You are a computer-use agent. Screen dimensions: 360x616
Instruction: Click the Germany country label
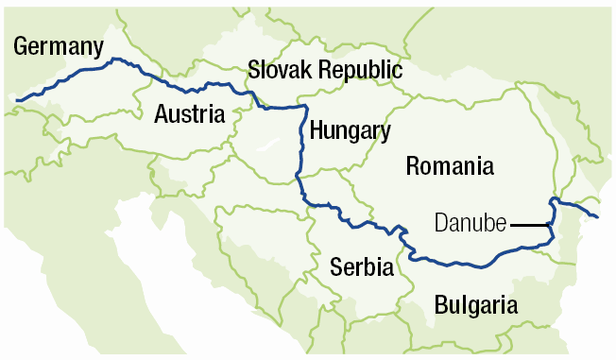pos(57,47)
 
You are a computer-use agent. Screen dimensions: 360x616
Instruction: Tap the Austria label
pos(190,115)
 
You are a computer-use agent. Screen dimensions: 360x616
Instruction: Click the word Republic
pos(360,71)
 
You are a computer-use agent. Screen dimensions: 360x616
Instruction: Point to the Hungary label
pos(349,130)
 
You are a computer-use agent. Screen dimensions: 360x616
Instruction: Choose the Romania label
pos(449,167)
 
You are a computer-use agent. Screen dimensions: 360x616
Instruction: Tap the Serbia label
pos(361,267)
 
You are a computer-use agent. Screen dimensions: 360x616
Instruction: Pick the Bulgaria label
pos(476,305)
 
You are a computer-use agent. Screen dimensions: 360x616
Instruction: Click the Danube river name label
pos(471,225)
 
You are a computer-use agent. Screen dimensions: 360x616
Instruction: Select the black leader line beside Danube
pos(530,225)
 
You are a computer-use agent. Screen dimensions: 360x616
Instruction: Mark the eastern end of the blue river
pos(597,216)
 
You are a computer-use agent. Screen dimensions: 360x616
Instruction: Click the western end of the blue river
pos(17,99)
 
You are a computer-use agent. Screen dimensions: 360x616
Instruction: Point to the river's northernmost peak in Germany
pos(115,60)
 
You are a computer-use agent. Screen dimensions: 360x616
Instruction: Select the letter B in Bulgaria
pos(441,304)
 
